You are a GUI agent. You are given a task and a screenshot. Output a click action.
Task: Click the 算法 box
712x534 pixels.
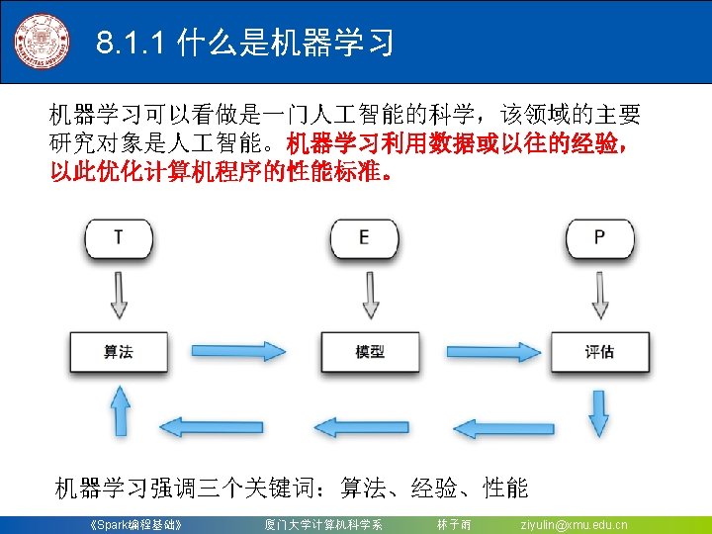(x=119, y=352)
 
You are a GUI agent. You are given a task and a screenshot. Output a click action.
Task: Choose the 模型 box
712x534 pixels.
(x=370, y=352)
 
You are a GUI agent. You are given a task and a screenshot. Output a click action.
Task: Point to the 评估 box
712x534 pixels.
(x=599, y=352)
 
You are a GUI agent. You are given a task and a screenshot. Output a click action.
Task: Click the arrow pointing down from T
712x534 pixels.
(x=119, y=292)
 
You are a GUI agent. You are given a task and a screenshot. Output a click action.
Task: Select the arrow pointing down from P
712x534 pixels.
(x=599, y=292)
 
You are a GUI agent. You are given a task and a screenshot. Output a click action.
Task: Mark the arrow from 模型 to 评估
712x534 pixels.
(x=489, y=351)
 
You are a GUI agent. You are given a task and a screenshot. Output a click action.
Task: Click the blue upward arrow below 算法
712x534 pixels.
(x=119, y=408)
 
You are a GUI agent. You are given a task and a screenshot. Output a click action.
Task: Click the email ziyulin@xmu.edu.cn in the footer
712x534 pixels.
(x=574, y=524)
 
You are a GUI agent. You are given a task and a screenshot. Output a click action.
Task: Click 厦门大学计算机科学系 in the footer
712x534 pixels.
(x=323, y=524)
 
